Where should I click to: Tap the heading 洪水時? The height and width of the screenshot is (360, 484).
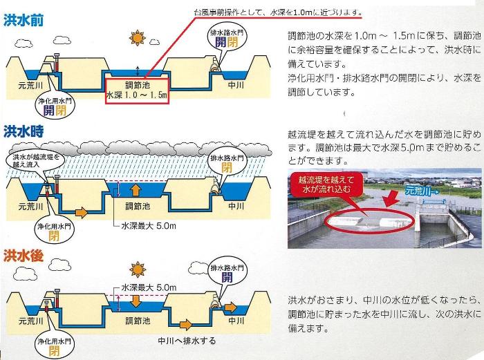pyautogui.click(x=24, y=129)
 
